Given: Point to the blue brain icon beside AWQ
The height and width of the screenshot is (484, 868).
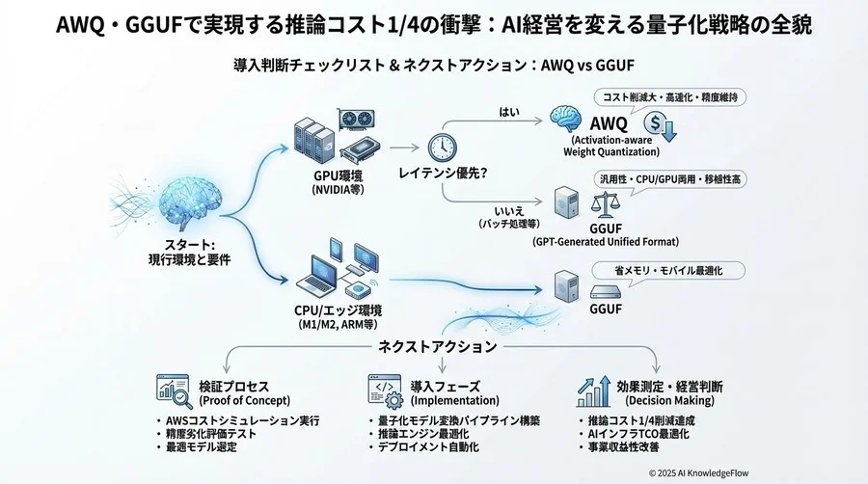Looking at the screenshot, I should (566, 122).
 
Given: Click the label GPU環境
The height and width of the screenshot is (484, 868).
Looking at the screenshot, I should (335, 177).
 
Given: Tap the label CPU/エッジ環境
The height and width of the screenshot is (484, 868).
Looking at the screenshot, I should (338, 309).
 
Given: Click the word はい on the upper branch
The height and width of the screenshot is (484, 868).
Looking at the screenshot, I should (508, 113).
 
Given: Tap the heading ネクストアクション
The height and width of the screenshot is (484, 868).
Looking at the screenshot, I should (438, 345).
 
